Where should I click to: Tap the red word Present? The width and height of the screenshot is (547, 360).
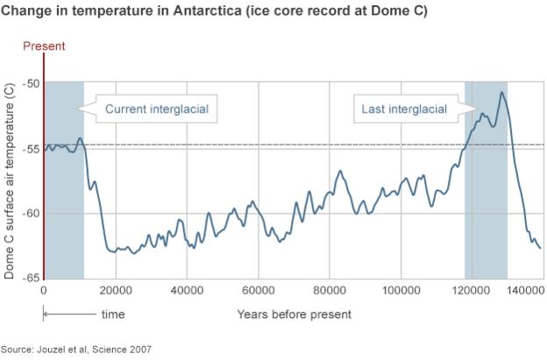click(44, 46)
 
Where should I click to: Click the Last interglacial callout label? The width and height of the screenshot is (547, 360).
click(404, 109)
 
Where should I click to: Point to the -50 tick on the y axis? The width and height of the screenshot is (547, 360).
click(31, 84)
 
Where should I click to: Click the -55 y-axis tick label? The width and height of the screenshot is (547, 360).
click(31, 149)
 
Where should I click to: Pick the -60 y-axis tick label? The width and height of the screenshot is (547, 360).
click(31, 214)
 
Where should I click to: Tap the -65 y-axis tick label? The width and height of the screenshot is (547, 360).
click(31, 278)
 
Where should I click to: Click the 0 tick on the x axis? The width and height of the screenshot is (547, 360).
click(44, 290)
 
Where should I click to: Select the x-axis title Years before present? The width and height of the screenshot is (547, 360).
click(294, 314)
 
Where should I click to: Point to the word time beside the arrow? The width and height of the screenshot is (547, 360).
click(112, 314)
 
